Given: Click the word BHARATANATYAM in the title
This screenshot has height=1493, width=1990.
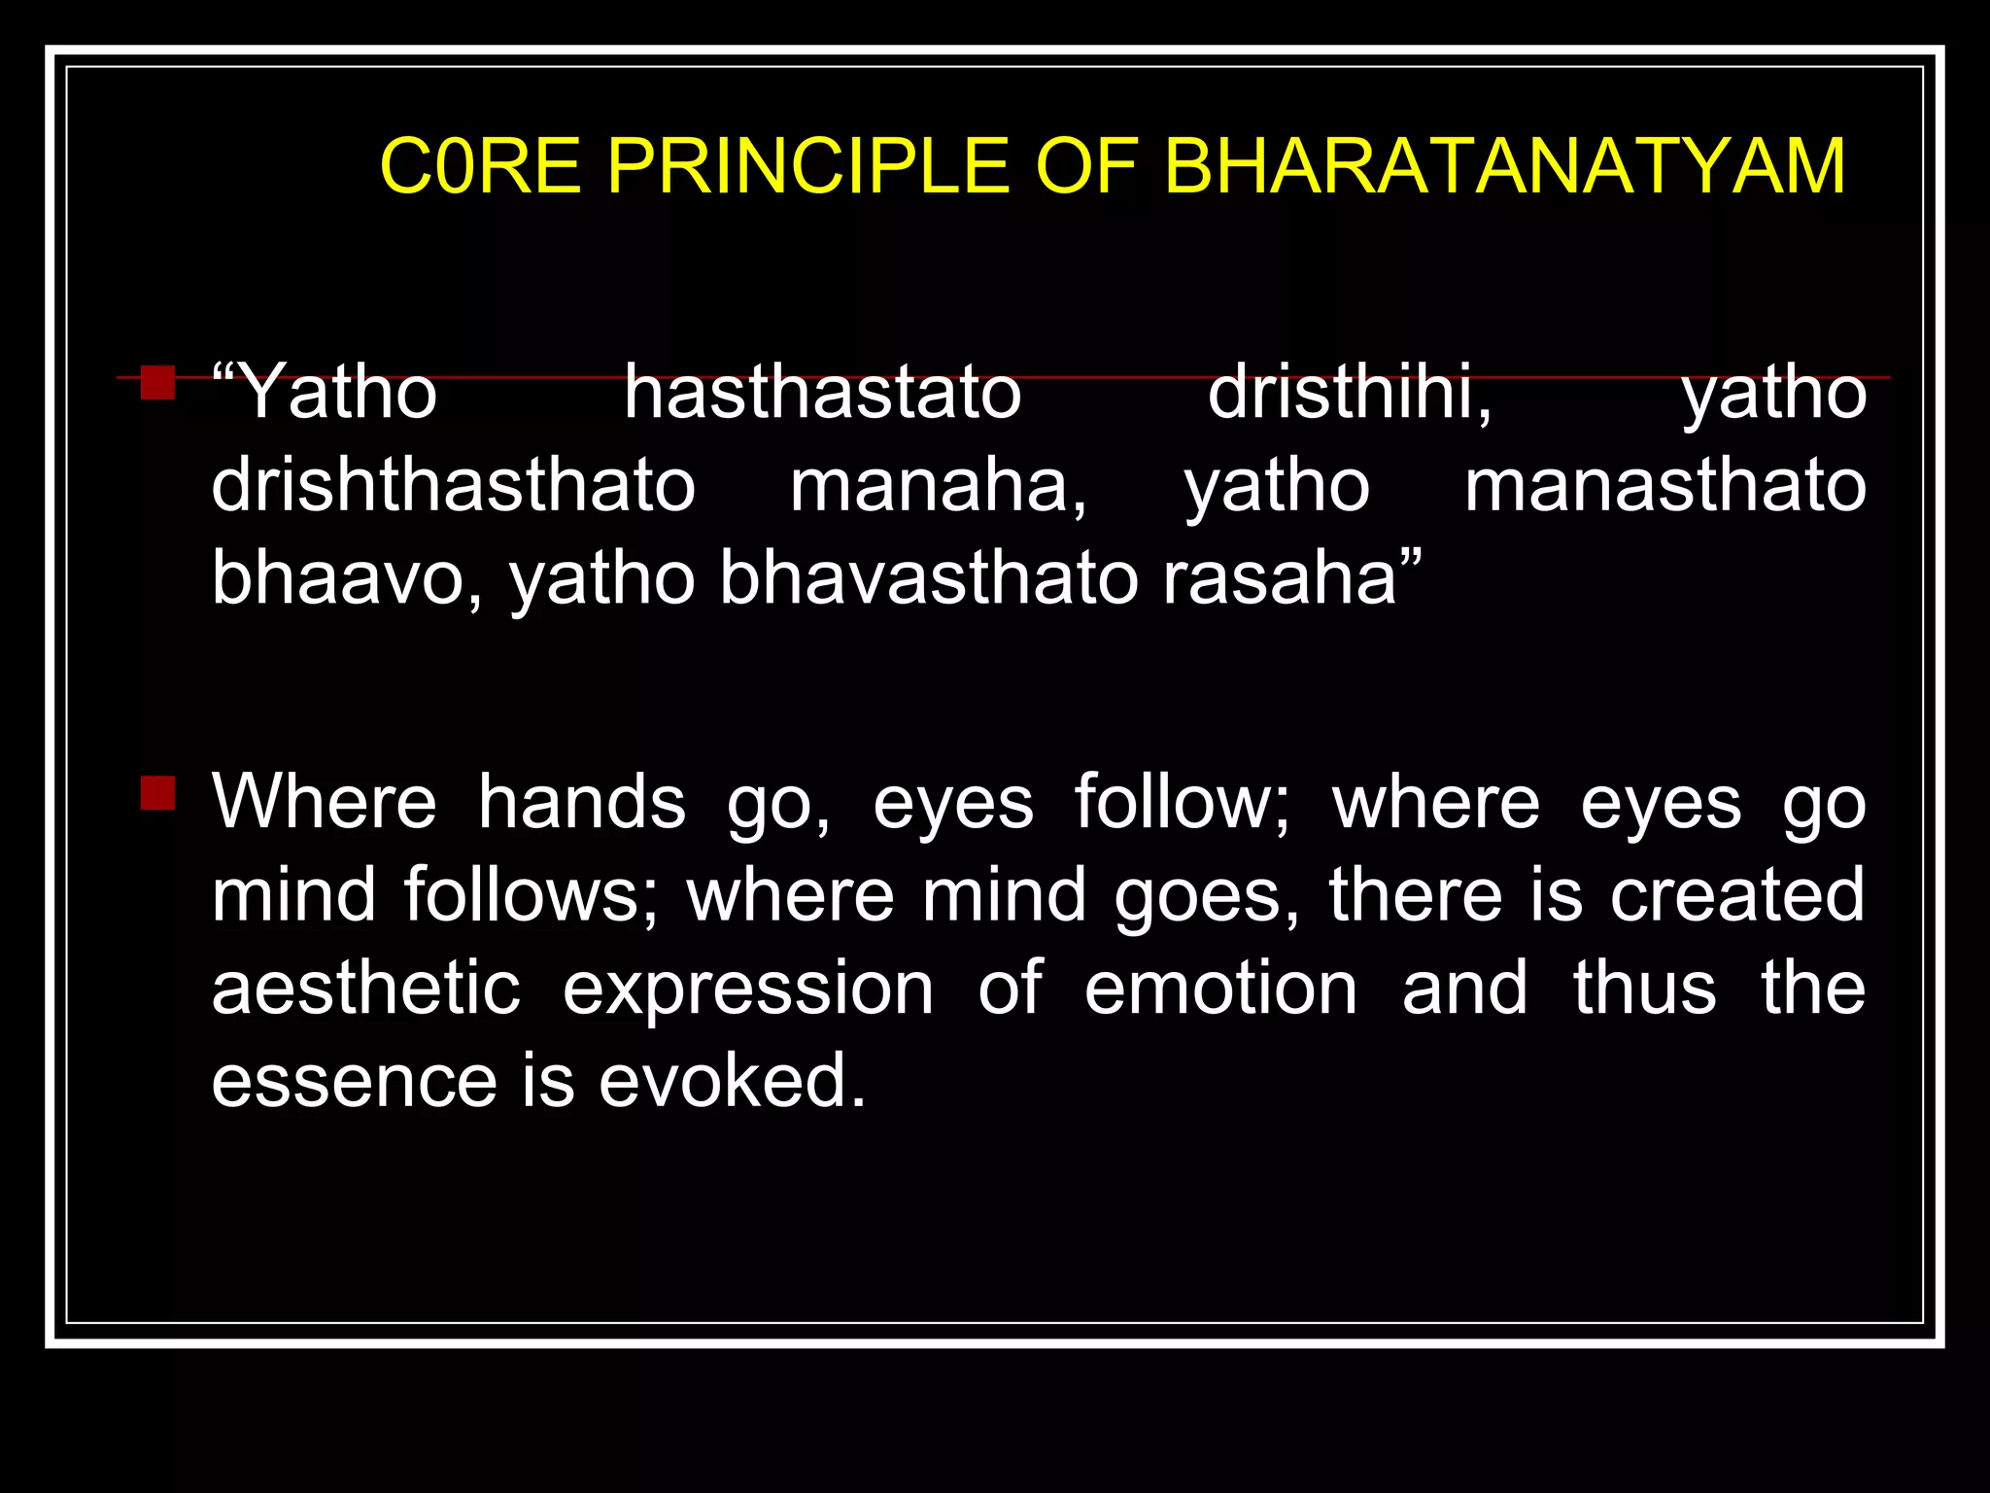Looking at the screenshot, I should coord(1504,166).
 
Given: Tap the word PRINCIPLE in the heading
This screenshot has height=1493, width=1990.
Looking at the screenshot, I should coord(808,166).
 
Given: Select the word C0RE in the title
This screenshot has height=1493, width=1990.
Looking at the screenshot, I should coord(480,166).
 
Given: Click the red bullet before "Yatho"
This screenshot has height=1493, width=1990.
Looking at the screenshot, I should coord(157,383).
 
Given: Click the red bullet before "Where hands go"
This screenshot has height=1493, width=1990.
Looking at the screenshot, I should coord(157,793).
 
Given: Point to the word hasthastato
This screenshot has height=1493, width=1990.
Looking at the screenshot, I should coord(822,393).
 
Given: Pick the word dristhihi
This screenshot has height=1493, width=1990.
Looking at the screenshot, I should coord(1349,393).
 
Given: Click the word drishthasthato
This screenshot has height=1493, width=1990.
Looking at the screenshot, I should coord(454,486).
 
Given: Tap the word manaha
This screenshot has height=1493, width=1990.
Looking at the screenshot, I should coord(937,486).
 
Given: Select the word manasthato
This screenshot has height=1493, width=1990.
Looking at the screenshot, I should coord(1664,486).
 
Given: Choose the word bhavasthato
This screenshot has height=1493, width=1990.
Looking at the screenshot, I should coord(929,579).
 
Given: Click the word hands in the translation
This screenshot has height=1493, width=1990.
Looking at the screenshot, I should coord(582,803).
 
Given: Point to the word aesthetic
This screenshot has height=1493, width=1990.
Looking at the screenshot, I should coord(366,990).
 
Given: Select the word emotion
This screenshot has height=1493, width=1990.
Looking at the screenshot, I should coord(1220,990).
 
